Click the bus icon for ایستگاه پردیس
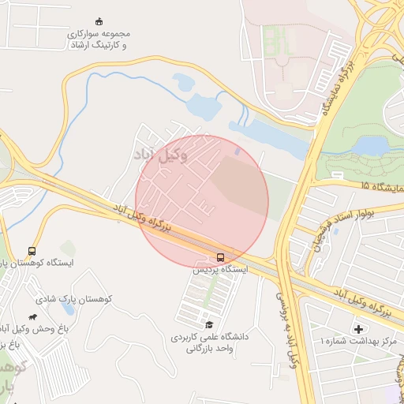pyautogui.click(x=220, y=257)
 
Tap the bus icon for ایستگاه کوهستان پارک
pyautogui.click(x=32, y=250)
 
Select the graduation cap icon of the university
pyautogui.click(x=209, y=324)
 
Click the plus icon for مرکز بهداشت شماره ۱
pyautogui.click(x=360, y=328)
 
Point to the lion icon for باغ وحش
pyautogui.click(x=32, y=317)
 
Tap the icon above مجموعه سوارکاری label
pyautogui.click(x=99, y=21)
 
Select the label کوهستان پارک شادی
pyautogui.click(x=76, y=299)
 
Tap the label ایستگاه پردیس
pyautogui.click(x=220, y=270)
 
